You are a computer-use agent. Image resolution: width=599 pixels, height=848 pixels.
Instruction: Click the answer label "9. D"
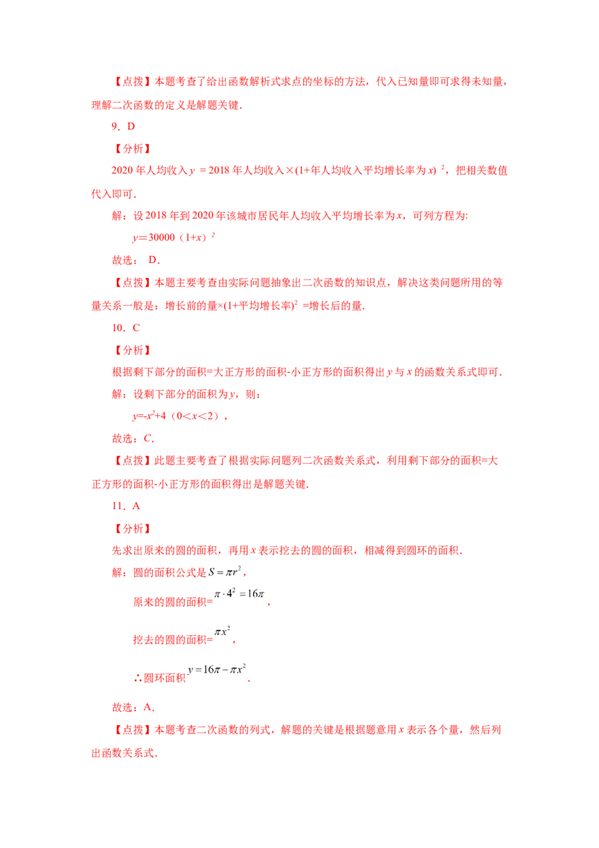[x=124, y=127]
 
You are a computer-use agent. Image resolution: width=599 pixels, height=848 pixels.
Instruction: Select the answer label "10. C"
[x=126, y=327]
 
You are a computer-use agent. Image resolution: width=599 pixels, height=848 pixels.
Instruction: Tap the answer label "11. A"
[x=126, y=506]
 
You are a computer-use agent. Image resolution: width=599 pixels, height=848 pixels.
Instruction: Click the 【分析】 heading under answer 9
[x=133, y=149]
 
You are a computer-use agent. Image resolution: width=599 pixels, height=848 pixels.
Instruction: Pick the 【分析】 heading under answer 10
[x=133, y=351]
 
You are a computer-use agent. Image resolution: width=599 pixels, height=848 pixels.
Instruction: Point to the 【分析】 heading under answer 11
[x=133, y=529]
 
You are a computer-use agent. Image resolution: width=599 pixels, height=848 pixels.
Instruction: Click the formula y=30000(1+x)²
[x=174, y=237]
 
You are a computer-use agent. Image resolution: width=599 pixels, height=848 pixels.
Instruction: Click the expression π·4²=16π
[x=240, y=593]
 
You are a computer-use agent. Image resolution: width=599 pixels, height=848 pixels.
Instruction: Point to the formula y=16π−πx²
[x=217, y=669]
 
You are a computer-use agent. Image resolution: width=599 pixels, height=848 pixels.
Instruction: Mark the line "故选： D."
[x=136, y=260]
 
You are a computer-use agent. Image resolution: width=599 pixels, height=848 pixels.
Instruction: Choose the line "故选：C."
[x=133, y=438]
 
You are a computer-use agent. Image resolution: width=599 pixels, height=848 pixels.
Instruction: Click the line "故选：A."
[x=133, y=707]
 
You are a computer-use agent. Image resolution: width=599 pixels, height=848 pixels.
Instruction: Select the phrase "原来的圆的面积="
[x=173, y=602]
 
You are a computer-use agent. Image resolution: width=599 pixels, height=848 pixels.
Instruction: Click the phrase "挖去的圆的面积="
[x=173, y=640]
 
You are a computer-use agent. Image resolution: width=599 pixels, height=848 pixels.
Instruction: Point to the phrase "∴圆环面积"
[x=159, y=678]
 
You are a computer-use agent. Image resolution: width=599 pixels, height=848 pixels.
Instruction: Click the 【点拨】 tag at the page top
[x=133, y=82]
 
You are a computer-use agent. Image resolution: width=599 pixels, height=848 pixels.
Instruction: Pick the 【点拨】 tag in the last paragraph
[x=133, y=730]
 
